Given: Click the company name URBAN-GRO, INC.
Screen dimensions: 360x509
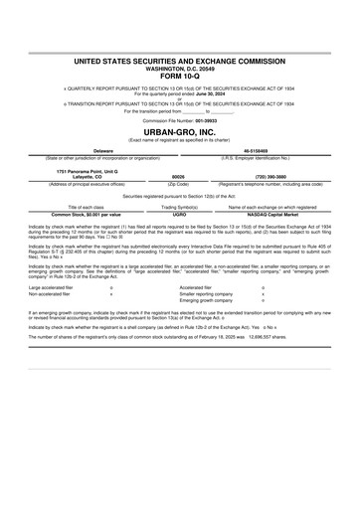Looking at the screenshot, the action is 180,131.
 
